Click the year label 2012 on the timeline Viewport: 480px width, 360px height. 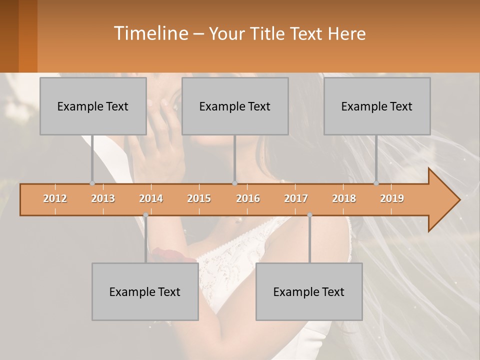pos(55,198)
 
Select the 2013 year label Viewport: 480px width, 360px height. pos(103,198)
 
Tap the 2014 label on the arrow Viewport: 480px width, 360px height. pos(151,198)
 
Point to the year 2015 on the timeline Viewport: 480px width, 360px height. pos(199,198)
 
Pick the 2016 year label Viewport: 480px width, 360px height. pos(248,198)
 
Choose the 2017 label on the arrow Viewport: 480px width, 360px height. pos(296,198)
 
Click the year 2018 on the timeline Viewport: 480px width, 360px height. pos(344,198)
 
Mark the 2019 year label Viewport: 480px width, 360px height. pos(392,198)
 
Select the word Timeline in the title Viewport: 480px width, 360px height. pos(150,33)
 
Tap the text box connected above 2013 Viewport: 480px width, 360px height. pos(93,106)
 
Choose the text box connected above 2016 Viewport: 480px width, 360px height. pos(235,106)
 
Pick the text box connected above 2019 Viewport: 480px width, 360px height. pos(377,106)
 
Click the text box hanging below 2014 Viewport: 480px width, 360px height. pos(145,291)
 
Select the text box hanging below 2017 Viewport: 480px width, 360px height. pos(309,291)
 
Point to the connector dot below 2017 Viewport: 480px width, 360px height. pos(309,215)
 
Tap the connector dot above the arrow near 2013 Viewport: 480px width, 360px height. pos(92,183)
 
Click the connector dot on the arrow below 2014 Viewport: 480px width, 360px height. pos(145,215)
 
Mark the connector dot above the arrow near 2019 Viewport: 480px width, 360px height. pos(376,183)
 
